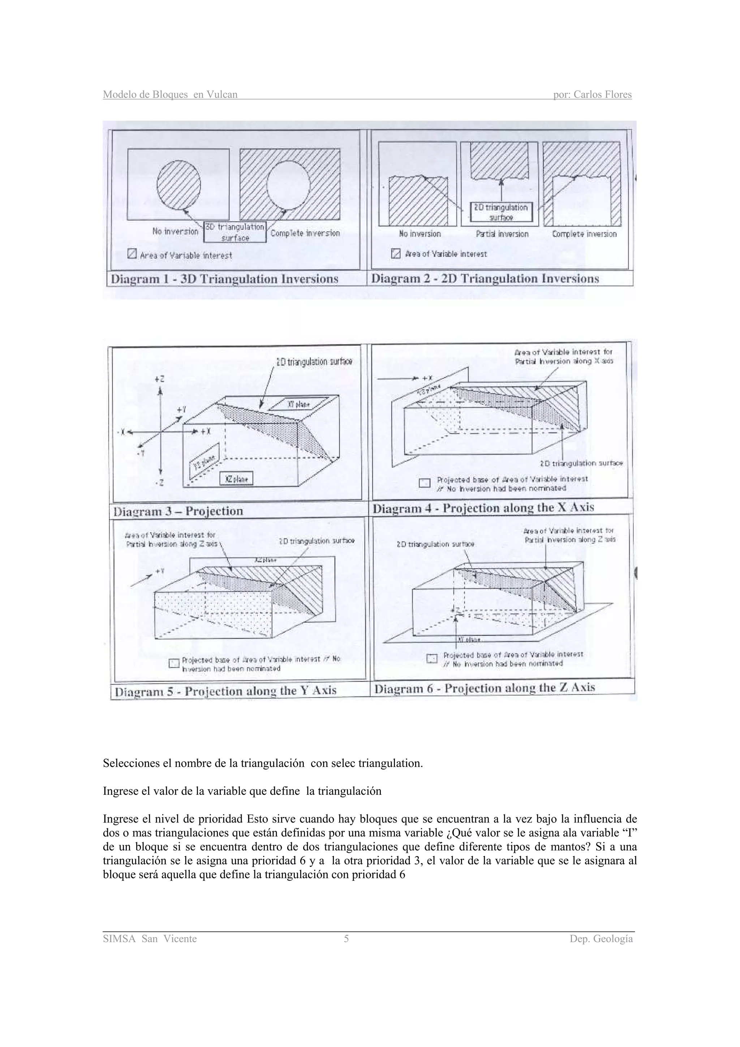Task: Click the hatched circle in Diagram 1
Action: (x=179, y=184)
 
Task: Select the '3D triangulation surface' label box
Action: (x=235, y=232)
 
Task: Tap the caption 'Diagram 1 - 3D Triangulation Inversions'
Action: (x=224, y=279)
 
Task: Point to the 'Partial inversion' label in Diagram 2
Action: (x=502, y=234)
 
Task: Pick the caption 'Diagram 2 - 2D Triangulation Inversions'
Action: (x=485, y=279)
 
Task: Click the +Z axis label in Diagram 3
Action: (x=160, y=379)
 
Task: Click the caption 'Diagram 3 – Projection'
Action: (x=178, y=511)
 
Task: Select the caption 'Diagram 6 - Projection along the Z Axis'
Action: (x=484, y=688)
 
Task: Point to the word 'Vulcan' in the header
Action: (x=222, y=95)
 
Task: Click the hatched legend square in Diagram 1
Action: (x=132, y=254)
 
